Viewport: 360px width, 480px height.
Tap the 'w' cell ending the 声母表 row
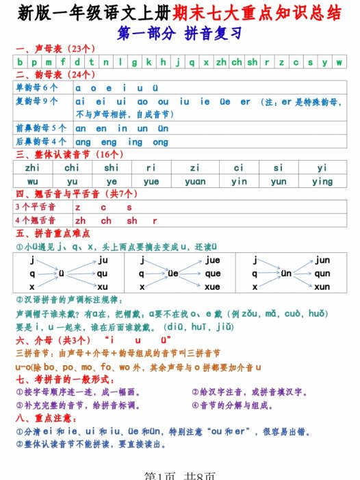339,62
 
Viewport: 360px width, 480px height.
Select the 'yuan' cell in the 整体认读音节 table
195,181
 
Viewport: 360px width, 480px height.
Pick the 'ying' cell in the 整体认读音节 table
322,181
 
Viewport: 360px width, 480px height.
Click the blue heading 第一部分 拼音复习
179,32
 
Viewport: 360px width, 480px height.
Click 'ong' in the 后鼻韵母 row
159,142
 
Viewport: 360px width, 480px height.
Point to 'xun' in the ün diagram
322,287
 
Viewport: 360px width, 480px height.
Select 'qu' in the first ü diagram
103,274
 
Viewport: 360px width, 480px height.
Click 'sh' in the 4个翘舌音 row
131,220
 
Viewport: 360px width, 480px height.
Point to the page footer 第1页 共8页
179,474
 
